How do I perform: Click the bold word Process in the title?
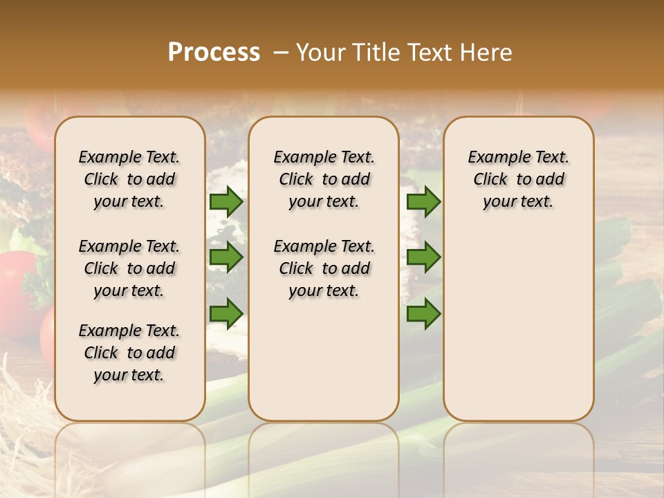(214, 53)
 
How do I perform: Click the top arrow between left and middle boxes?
(226, 201)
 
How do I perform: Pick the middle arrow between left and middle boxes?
(226, 257)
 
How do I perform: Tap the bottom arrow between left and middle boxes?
(226, 313)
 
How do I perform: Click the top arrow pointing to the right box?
(423, 201)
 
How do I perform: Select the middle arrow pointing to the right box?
(423, 257)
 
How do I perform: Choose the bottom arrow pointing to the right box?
(423, 313)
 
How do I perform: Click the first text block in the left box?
(129, 179)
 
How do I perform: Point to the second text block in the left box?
(129, 268)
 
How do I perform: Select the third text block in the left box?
(129, 353)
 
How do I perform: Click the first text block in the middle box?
(324, 179)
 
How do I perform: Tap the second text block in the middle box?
(324, 268)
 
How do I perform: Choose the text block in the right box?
(518, 179)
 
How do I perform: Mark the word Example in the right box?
(493, 158)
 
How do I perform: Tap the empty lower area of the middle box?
(324, 360)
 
